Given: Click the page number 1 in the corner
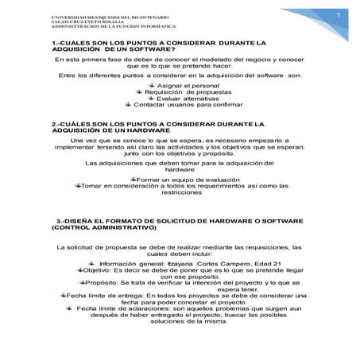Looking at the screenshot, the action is point(338,15).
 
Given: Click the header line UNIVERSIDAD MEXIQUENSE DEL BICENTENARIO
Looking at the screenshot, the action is point(104,16).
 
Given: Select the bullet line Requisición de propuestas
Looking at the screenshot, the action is point(182,91).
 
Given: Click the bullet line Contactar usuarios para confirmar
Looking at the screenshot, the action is point(183,104).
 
